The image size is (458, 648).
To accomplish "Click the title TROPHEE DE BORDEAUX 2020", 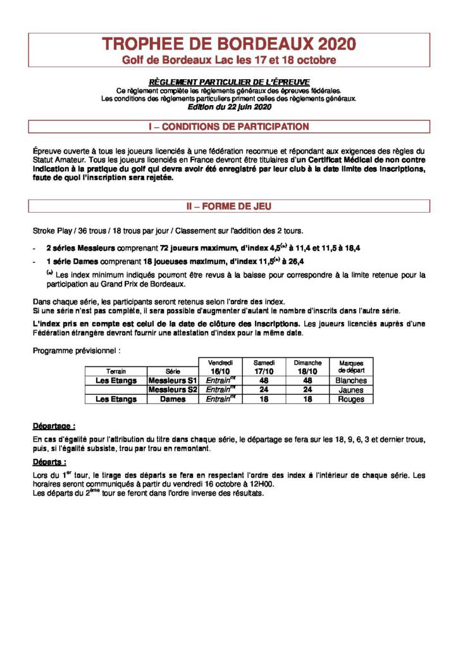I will coord(229,44).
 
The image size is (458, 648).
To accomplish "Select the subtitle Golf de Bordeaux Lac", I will coord(229,60).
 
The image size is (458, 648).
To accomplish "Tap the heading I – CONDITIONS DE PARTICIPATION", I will coord(229,127).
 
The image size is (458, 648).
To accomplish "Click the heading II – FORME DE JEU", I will coord(229,206).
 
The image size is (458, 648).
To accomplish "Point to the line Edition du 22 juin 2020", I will coord(229,107).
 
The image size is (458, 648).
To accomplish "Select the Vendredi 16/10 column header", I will coord(221,366).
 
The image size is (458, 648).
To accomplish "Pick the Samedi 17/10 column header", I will coord(264,366).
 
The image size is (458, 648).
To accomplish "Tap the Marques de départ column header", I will coord(351,366).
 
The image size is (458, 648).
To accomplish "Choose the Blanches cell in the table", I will coord(351,381).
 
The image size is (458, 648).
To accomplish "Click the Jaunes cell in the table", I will coord(351,390).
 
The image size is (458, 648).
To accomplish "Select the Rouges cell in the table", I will coord(351,399).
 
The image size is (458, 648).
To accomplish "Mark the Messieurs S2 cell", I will coord(173,390).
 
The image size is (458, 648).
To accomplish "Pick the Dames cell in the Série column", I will coord(173,399).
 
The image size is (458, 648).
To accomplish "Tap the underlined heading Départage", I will coord(54,426).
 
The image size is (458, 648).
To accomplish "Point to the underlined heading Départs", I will coord(50,462).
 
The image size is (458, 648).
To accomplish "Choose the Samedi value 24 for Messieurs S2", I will coord(264,390).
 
